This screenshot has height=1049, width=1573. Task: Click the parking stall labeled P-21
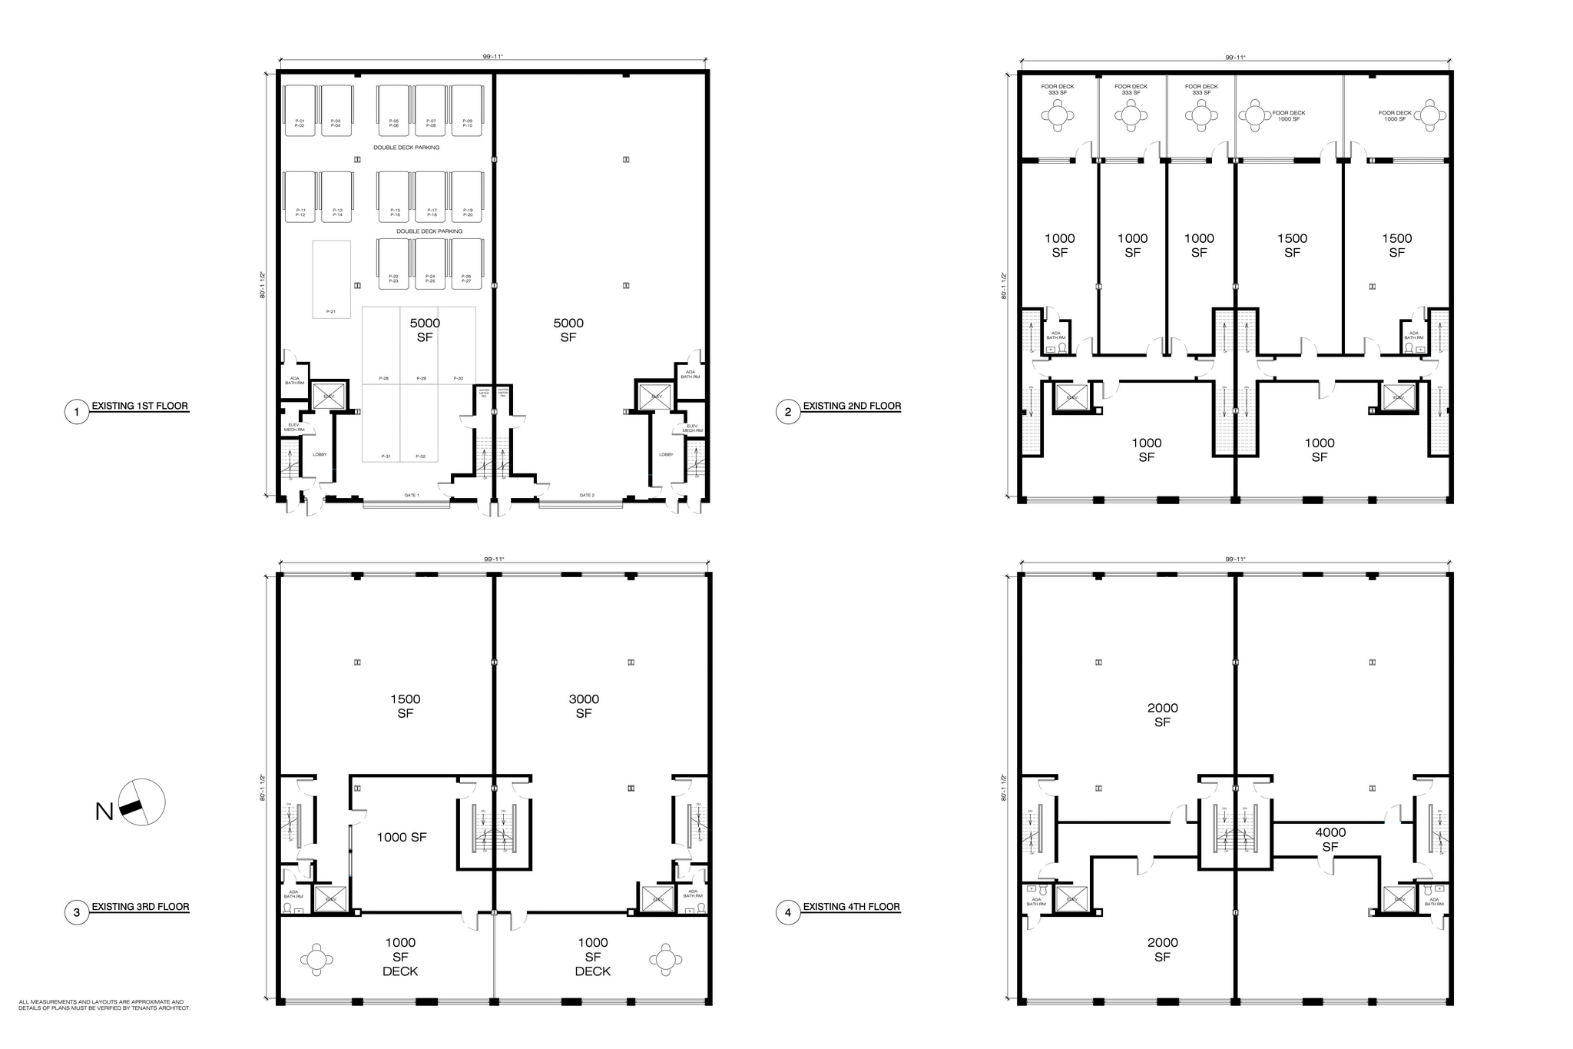(331, 280)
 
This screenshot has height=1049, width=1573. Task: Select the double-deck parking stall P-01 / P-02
(300, 111)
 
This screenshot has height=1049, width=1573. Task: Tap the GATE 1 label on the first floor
(412, 496)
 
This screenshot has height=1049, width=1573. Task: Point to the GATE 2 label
(587, 496)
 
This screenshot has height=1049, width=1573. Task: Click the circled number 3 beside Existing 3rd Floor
(76, 913)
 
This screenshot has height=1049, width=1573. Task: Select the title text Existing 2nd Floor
(852, 406)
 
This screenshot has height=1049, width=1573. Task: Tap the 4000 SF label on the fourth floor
(1330, 839)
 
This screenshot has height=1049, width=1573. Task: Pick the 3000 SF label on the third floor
(584, 705)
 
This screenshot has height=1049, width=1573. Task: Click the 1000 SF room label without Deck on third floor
(401, 838)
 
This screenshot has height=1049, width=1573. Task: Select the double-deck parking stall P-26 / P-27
(466, 264)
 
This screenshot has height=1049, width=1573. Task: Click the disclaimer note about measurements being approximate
(104, 1004)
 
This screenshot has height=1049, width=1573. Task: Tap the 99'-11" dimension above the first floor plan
(492, 56)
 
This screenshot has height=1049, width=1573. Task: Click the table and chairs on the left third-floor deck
(316, 960)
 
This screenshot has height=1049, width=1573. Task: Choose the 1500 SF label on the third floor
(405, 705)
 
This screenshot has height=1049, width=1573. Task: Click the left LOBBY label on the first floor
(320, 455)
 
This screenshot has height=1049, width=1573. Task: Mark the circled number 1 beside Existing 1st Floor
(76, 413)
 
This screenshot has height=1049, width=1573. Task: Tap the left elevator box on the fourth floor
(1071, 898)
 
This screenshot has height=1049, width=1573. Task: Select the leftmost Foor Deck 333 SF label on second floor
(1058, 89)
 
